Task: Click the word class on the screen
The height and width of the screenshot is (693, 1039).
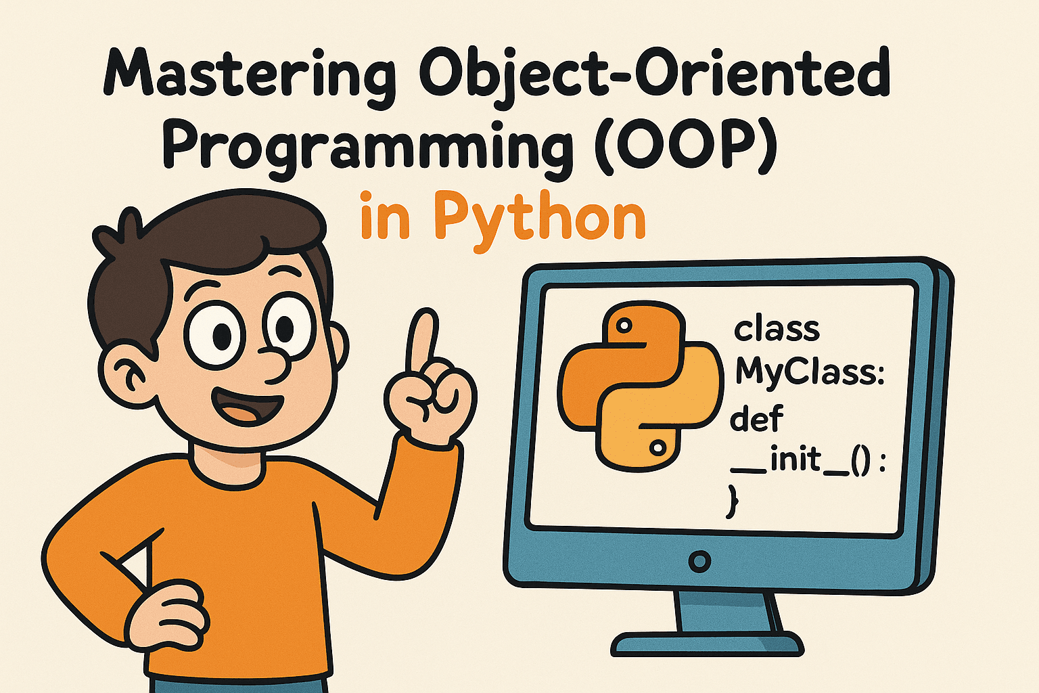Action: point(777,329)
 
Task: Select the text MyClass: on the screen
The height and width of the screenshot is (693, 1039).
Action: point(810,374)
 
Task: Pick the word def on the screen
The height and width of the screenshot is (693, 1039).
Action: point(757,418)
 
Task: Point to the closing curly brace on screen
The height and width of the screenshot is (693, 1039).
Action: point(733,501)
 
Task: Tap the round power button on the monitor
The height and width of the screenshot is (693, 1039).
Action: point(699,561)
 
